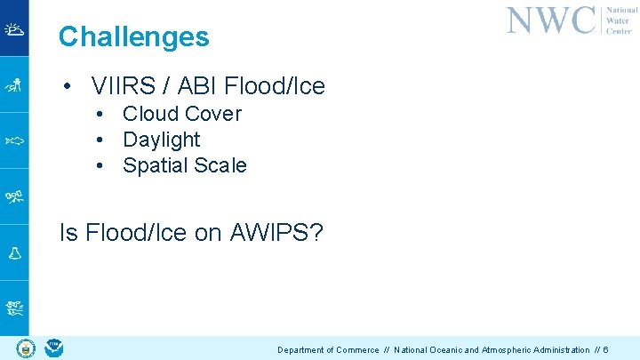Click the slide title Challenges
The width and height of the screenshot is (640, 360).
pyautogui.click(x=133, y=36)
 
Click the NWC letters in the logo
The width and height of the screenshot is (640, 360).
pyautogui.click(x=550, y=20)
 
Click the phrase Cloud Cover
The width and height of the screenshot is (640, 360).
pyautogui.click(x=182, y=114)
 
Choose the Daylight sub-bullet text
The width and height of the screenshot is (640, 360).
pyautogui.click(x=162, y=140)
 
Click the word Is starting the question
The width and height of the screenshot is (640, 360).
pyautogui.click(x=68, y=233)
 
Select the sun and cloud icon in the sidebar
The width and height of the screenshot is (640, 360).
pyautogui.click(x=14, y=28)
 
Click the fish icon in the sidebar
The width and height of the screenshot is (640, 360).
pyautogui.click(x=14, y=140)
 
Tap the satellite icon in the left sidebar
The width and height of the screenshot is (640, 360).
pyautogui.click(x=14, y=196)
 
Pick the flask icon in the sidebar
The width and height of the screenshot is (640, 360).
pyautogui.click(x=14, y=252)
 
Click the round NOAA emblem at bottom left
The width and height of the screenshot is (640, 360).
pyautogui.click(x=54, y=347)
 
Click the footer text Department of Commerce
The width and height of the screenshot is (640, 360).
pyautogui.click(x=328, y=350)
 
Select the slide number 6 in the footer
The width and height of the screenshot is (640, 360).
pyautogui.click(x=605, y=350)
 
